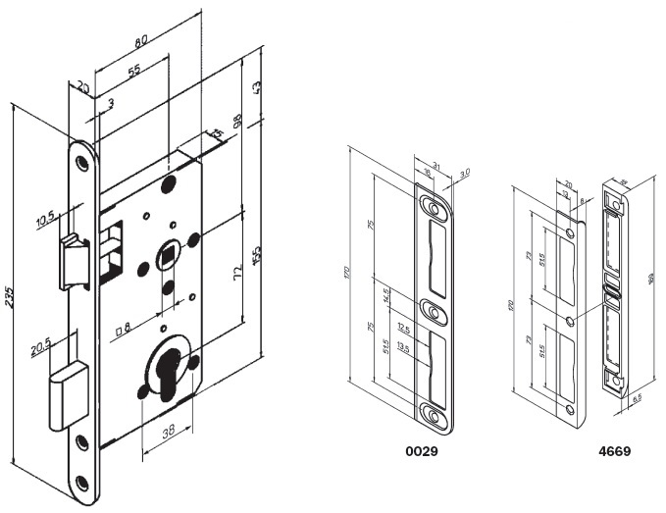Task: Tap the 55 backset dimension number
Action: click(134, 71)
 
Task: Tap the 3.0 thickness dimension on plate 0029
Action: click(464, 173)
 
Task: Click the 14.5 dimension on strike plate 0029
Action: click(388, 293)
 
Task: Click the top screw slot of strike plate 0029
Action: click(433, 206)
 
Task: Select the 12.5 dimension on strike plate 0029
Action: click(403, 328)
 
